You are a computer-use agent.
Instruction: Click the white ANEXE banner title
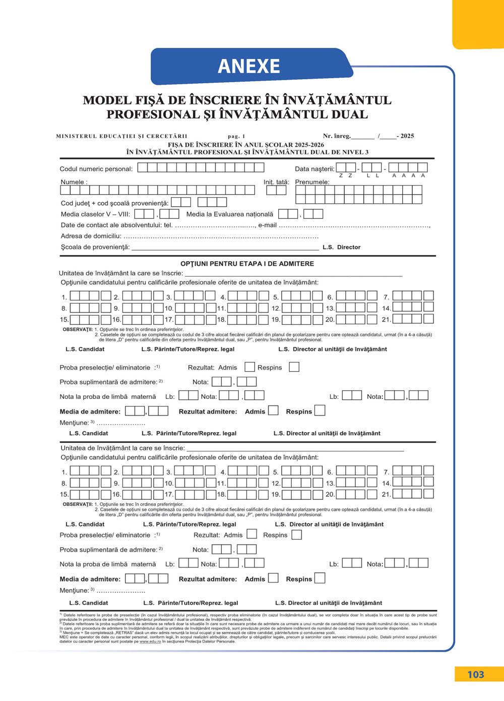[249, 66]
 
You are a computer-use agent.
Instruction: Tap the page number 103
[475, 674]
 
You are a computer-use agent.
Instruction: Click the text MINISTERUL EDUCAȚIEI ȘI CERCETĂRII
[121, 136]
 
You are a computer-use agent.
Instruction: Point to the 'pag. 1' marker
[236, 136]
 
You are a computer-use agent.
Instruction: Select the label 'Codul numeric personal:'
[96, 169]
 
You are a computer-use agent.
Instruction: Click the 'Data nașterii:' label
[314, 169]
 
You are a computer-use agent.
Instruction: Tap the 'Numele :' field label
[74, 182]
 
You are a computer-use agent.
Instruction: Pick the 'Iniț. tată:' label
[276, 182]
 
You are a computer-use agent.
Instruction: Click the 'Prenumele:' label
[312, 182]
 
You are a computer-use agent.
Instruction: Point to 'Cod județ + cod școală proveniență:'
[114, 203]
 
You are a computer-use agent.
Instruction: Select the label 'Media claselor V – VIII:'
[95, 214]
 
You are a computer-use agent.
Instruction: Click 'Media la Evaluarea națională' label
[229, 214]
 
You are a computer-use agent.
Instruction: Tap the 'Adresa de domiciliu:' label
[91, 236]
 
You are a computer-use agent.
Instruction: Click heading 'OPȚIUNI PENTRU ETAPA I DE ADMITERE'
[247, 264]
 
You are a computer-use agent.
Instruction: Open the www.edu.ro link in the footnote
[150, 641]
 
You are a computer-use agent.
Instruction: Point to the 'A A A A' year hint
[409, 176]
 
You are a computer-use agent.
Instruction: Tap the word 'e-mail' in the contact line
[267, 225]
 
